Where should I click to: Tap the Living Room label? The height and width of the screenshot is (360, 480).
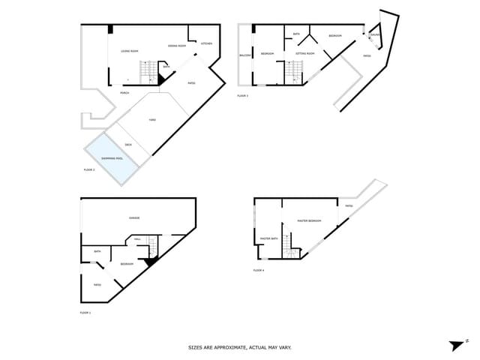point(129,51)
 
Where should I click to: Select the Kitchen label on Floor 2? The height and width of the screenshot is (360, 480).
point(206,43)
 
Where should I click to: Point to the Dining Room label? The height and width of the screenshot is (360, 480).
point(177,46)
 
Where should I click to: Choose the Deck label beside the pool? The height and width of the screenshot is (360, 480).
point(128,144)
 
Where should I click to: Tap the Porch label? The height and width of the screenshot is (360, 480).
point(124,93)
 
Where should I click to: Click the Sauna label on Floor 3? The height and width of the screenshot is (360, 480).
point(376,34)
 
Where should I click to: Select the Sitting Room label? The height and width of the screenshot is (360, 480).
point(304,53)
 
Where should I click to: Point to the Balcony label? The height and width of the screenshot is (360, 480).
point(244,55)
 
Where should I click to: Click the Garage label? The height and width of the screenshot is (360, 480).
point(134,217)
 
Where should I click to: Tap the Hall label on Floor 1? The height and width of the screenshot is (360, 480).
point(137,239)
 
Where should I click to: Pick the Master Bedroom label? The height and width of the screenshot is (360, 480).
point(309,220)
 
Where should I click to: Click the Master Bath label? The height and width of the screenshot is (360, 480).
point(268,238)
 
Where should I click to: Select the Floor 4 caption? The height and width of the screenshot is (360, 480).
point(259,269)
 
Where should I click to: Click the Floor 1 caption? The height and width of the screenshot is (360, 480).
point(85,312)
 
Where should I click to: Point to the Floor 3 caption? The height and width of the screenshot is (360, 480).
point(242,95)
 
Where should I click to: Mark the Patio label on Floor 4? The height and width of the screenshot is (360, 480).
point(349,206)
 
